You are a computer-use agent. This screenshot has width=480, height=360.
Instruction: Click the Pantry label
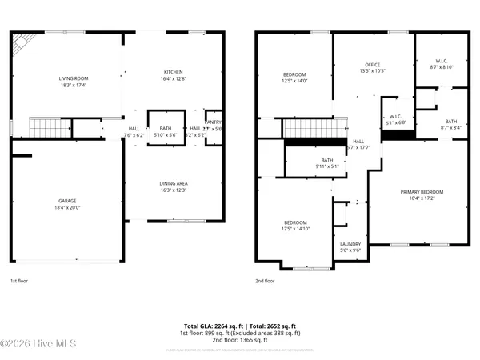tap(213, 122)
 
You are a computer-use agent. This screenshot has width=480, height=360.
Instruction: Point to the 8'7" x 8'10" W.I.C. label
tap(443, 68)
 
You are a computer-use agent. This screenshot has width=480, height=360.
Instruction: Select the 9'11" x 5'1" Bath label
tap(326, 164)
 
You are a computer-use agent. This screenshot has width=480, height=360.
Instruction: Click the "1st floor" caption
tap(19, 281)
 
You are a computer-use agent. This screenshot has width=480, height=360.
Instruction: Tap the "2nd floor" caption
tap(264, 281)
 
